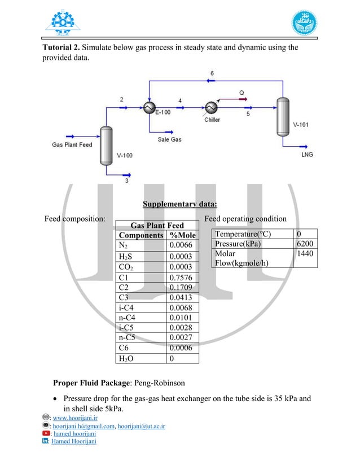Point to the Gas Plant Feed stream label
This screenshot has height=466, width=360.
(x=72, y=144)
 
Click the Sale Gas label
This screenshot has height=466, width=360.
(x=169, y=139)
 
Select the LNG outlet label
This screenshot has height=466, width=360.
(x=308, y=154)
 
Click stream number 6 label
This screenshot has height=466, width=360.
(x=212, y=74)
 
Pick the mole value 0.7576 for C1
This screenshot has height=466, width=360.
(x=181, y=277)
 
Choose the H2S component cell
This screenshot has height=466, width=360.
(x=127, y=256)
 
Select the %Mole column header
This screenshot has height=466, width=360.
(x=182, y=235)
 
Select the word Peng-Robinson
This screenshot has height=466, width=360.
(x=162, y=383)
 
